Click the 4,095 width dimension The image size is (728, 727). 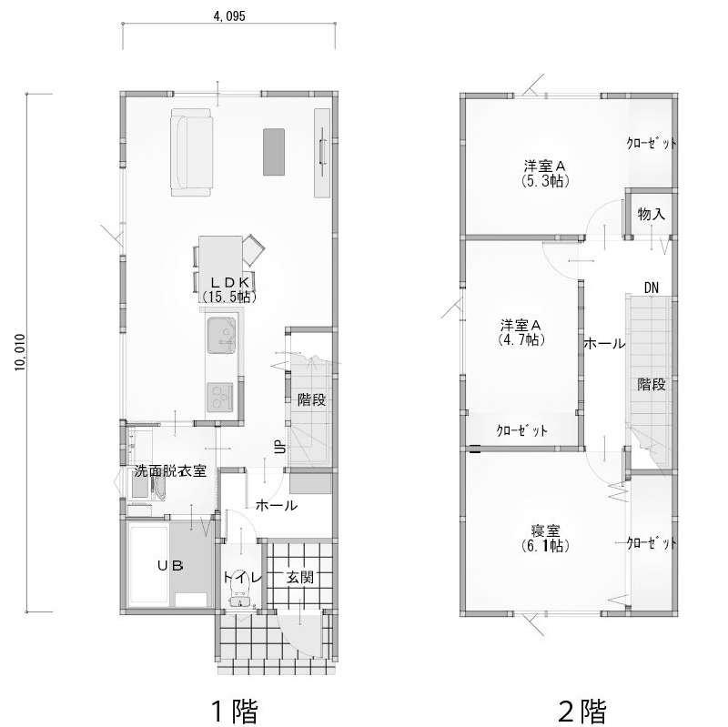tap(229, 16)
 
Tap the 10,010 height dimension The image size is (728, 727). tap(19, 352)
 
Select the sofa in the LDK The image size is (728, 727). tap(192, 152)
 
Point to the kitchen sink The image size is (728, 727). tap(221, 335)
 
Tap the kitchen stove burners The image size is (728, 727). tap(219, 397)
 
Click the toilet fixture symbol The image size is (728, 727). tap(240, 594)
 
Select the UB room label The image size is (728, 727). tap(170, 565)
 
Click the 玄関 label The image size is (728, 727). tap(300, 578)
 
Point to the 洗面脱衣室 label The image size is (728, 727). tap(170, 470)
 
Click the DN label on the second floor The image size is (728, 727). tap(652, 288)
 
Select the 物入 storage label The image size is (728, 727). tap(651, 214)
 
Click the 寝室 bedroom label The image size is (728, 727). tap(545, 530)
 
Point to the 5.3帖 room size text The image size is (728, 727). tap(545, 180)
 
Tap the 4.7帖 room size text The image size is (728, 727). tap(521, 339)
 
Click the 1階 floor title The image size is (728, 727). tap(235, 711)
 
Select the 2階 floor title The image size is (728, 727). tap(581, 711)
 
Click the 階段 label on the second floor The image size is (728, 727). tap(651, 384)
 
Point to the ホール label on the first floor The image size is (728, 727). tap(277, 505)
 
